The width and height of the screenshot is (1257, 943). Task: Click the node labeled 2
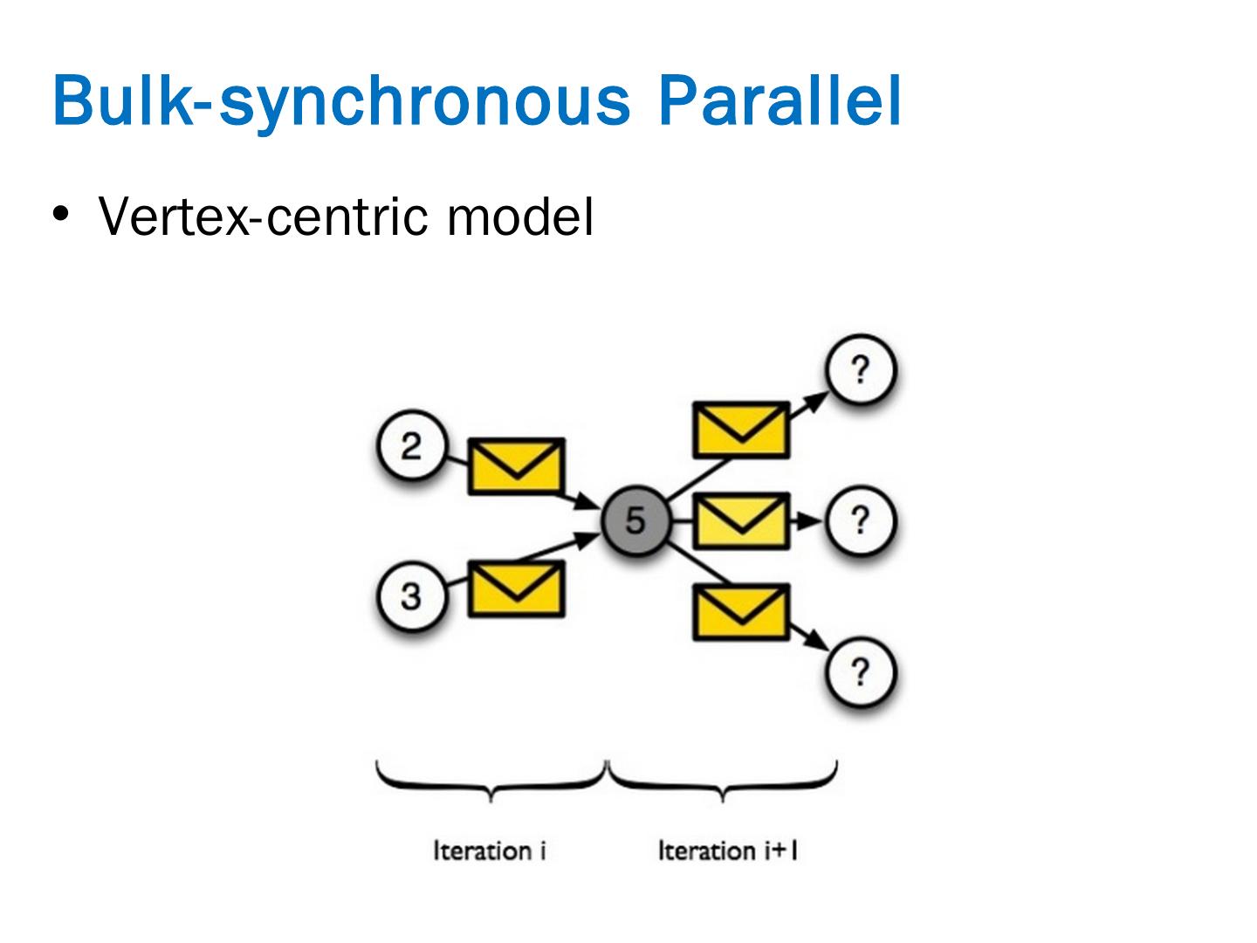click(411, 446)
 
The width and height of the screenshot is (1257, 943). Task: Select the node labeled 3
click(411, 596)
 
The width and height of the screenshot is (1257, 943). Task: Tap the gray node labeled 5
click(635, 520)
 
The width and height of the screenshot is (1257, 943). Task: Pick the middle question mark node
click(861, 520)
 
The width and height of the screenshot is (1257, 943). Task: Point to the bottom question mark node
click(861, 671)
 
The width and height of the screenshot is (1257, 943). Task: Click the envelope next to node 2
click(517, 466)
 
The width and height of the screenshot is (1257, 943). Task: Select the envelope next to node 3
click(517, 589)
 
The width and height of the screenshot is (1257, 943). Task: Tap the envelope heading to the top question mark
click(741, 430)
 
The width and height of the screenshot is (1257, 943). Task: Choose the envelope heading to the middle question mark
click(741, 520)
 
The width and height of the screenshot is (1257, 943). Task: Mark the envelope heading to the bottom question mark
click(741, 612)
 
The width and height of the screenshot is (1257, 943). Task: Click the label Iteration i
click(490, 850)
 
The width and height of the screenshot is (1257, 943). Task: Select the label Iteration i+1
click(727, 850)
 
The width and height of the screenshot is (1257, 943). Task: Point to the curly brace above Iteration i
click(491, 780)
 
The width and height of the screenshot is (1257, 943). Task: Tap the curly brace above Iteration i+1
click(723, 780)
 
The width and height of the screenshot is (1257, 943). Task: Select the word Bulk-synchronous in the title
click(340, 100)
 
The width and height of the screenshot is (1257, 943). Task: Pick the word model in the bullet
click(520, 216)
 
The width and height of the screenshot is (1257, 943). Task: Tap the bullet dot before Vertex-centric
click(60, 213)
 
